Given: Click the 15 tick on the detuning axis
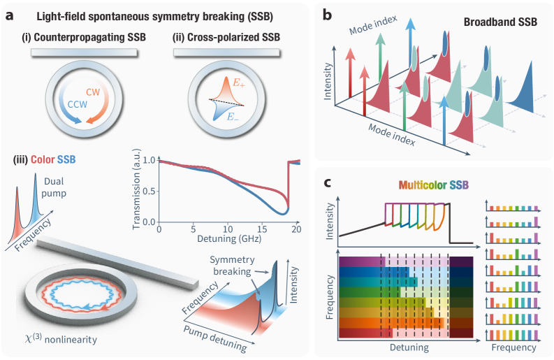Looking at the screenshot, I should tap(263, 230).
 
